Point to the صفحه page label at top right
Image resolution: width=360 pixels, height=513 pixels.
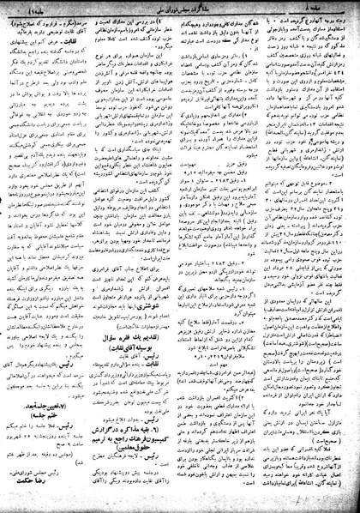click(338, 9)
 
